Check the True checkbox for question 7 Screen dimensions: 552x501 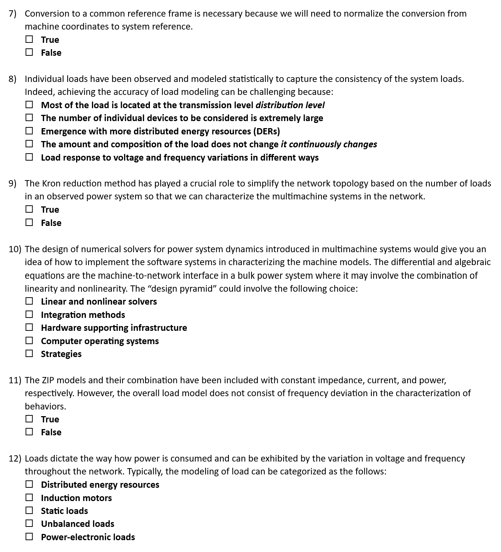click(29, 39)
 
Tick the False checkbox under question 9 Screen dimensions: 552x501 click(29, 222)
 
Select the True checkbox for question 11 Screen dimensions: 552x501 click(29, 419)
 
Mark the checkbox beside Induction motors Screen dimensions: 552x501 click(29, 497)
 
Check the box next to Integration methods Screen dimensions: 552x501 click(29, 314)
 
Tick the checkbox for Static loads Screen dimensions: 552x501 click(29, 510)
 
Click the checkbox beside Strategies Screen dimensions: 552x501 click(29, 353)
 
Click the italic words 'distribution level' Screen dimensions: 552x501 click(290, 105)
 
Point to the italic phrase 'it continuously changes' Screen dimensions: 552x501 click(329, 144)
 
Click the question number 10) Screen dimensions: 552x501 click(15, 249)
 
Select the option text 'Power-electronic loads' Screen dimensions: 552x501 click(88, 537)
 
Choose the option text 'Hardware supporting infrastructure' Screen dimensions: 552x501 click(114, 328)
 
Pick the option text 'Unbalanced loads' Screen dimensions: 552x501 click(78, 524)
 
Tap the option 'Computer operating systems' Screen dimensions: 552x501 click(100, 341)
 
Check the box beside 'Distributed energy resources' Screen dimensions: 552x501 click(29, 484)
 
